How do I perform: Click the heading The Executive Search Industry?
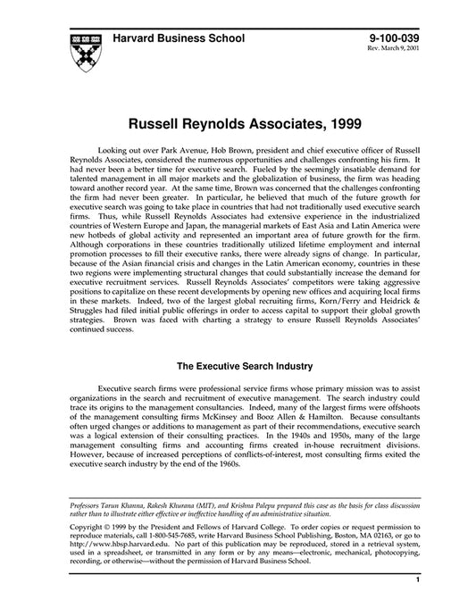pos(238,366)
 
